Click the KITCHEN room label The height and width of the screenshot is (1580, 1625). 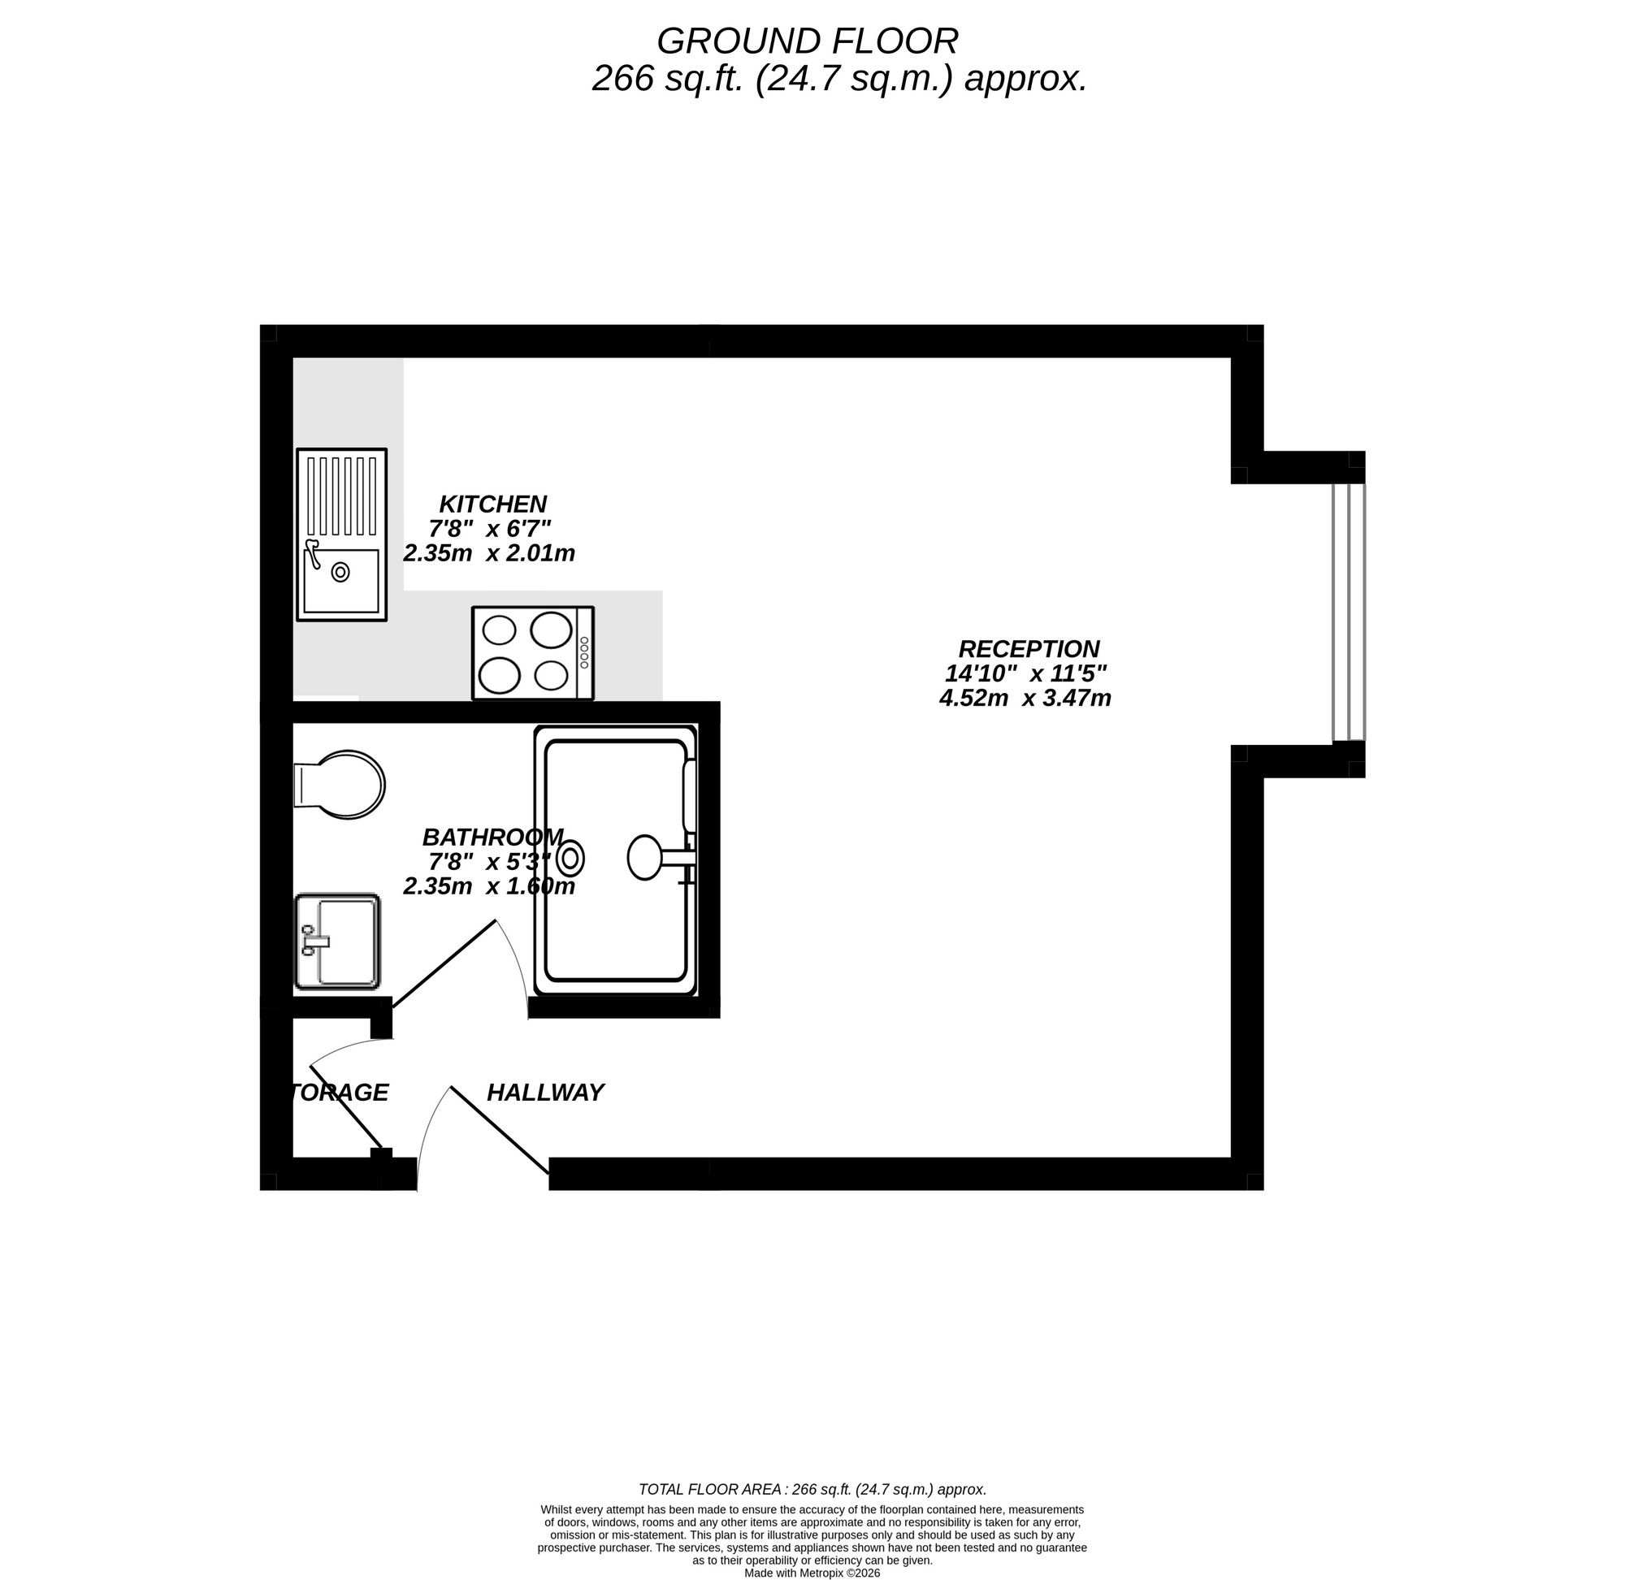click(493, 504)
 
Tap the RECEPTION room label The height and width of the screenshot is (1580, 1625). click(1029, 649)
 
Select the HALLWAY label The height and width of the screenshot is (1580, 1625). click(545, 1093)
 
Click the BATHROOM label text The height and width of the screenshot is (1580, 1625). click(493, 837)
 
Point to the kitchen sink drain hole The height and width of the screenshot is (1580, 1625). click(340, 572)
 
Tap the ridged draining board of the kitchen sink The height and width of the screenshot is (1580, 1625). click(342, 496)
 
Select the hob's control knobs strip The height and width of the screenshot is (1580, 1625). click(584, 653)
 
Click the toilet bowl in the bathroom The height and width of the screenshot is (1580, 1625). click(349, 784)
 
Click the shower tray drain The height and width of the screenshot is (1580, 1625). click(571, 859)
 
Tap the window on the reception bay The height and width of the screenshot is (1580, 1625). click(1348, 612)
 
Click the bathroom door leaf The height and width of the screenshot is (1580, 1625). click(444, 964)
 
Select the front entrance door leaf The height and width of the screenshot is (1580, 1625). click(500, 1130)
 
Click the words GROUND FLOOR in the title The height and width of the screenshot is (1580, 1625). click(807, 41)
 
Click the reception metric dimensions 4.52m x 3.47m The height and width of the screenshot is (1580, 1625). click(1025, 699)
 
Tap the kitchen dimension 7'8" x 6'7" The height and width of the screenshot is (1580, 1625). click(490, 529)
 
